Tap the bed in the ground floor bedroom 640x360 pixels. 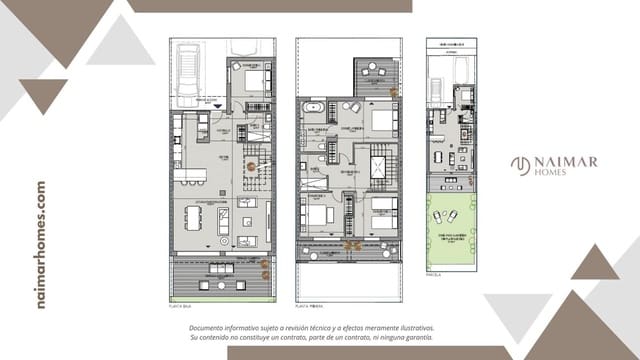pyautogui.click(x=253, y=78)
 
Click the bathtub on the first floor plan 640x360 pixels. pyautogui.click(x=312, y=106)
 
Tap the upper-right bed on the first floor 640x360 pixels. pyautogui.click(x=383, y=120)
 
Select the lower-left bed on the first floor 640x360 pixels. pyautogui.click(x=318, y=213)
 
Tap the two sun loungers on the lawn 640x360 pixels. pyautogui.click(x=451, y=217)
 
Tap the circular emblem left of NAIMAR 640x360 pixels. pyautogui.click(x=520, y=165)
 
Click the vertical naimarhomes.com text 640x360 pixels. pyautogui.click(x=41, y=244)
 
